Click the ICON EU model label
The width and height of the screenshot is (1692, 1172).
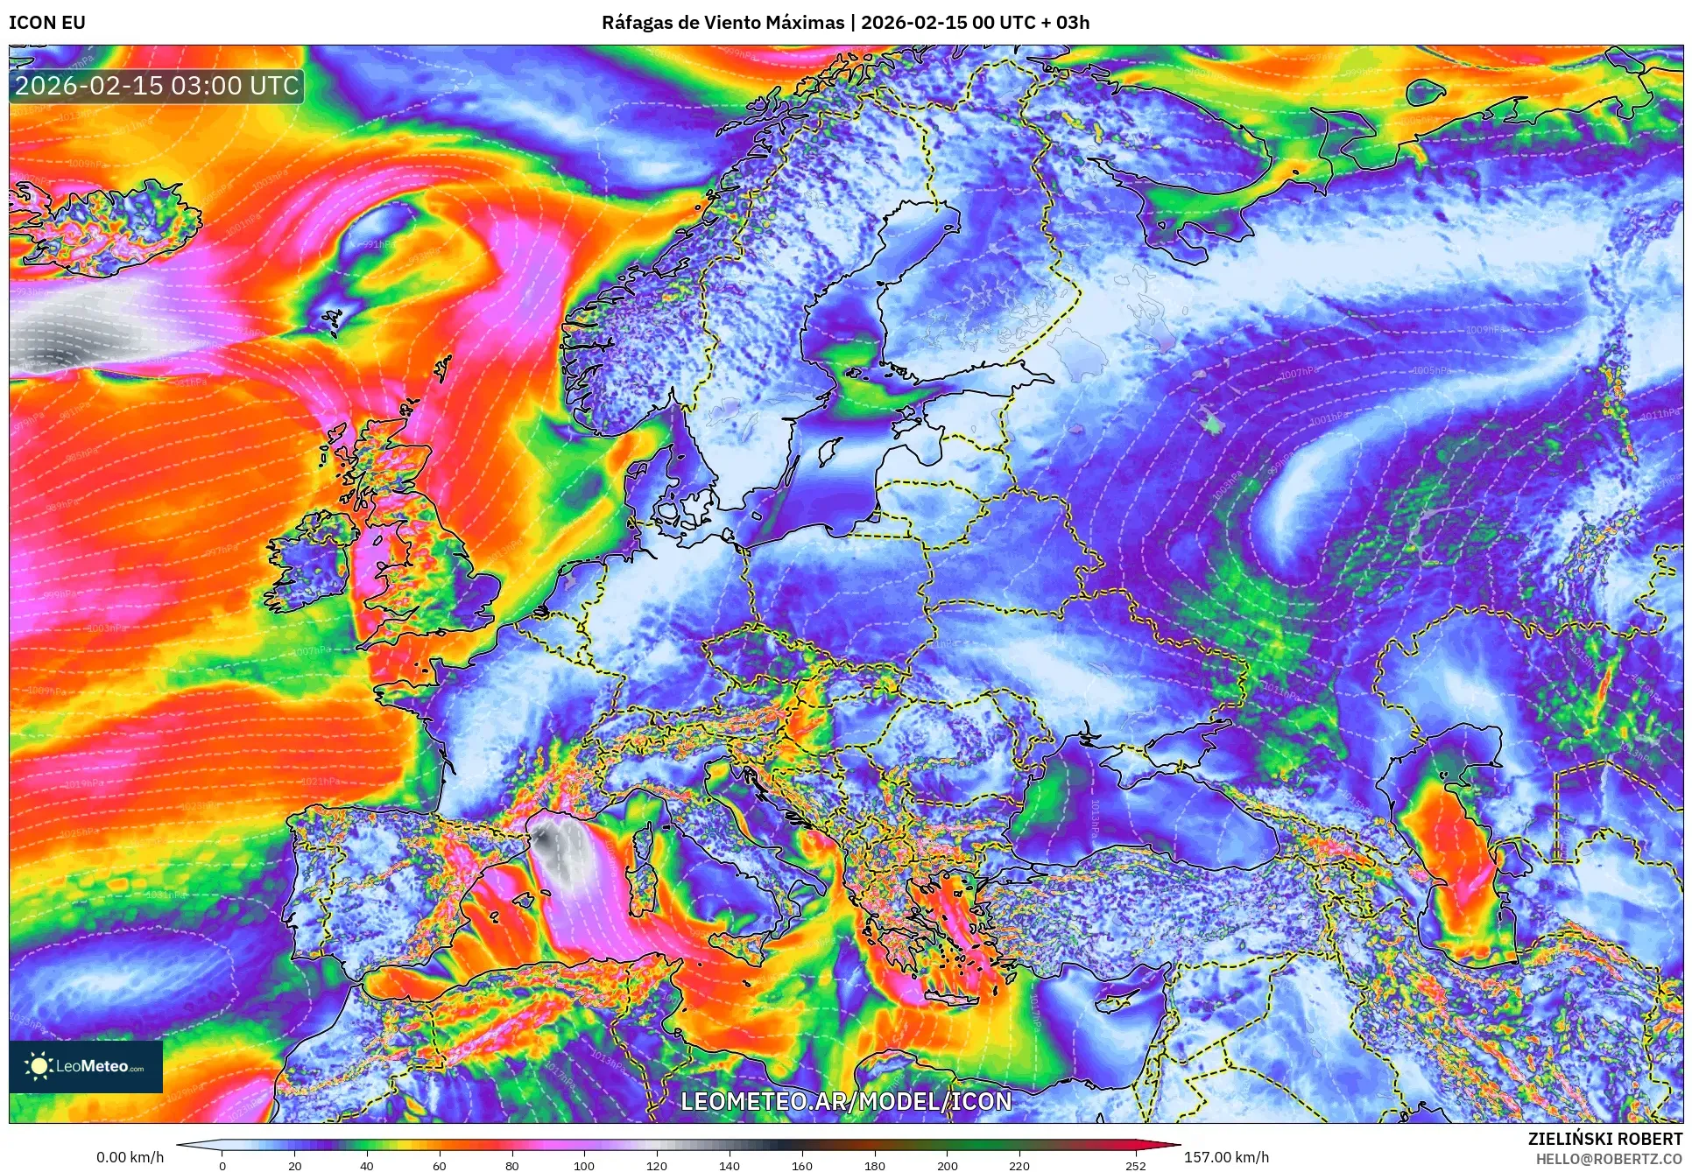[x=47, y=23]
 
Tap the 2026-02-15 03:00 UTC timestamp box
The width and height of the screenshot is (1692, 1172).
[x=158, y=86]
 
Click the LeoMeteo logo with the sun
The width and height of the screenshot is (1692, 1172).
[x=86, y=1066]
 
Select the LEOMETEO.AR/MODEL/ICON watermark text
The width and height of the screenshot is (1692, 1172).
[x=846, y=1101]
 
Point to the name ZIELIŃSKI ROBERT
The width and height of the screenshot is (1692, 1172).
[x=1604, y=1139]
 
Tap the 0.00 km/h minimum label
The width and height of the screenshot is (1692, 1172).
[x=130, y=1157]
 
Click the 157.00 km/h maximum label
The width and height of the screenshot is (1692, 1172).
[x=1226, y=1157]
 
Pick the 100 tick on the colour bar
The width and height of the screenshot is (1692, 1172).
[x=584, y=1165]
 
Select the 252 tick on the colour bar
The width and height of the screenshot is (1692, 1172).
[x=1136, y=1165]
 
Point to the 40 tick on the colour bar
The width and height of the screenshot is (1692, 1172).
[x=367, y=1165]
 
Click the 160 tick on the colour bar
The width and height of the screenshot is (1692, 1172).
[x=801, y=1165]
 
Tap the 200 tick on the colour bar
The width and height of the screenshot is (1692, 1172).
[x=947, y=1165]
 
